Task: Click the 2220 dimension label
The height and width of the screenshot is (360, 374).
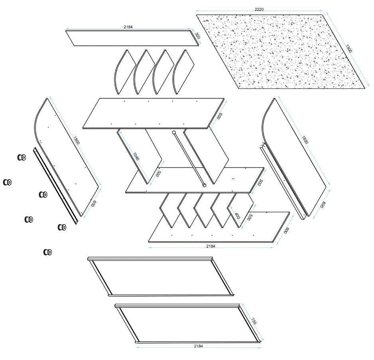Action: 259,9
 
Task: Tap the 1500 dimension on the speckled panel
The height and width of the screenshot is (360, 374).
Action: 348,48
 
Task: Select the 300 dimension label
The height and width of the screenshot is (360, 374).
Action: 197,35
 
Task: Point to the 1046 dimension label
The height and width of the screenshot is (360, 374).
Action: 136,156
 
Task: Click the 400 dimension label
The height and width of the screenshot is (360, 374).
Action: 237,216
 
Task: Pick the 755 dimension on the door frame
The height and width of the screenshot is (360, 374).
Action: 253,321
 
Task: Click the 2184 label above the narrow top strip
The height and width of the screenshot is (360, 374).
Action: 128,27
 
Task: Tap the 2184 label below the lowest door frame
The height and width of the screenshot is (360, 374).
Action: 199,346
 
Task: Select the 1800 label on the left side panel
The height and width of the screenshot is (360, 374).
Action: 76,140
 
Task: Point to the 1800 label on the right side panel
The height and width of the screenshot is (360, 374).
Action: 305,140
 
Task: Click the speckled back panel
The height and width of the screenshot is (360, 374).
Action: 281,52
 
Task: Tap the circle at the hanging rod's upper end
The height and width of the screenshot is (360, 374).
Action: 174,132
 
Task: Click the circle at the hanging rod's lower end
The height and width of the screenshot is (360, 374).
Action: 204,185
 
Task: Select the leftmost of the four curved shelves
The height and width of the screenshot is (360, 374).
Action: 125,72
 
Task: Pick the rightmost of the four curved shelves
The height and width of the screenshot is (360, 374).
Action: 183,72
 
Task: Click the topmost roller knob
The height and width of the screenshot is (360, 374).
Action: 22,157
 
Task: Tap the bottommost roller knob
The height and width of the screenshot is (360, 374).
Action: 48,252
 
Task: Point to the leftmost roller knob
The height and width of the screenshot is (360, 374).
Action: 8,182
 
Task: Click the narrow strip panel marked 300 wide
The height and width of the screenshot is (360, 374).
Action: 132,38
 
